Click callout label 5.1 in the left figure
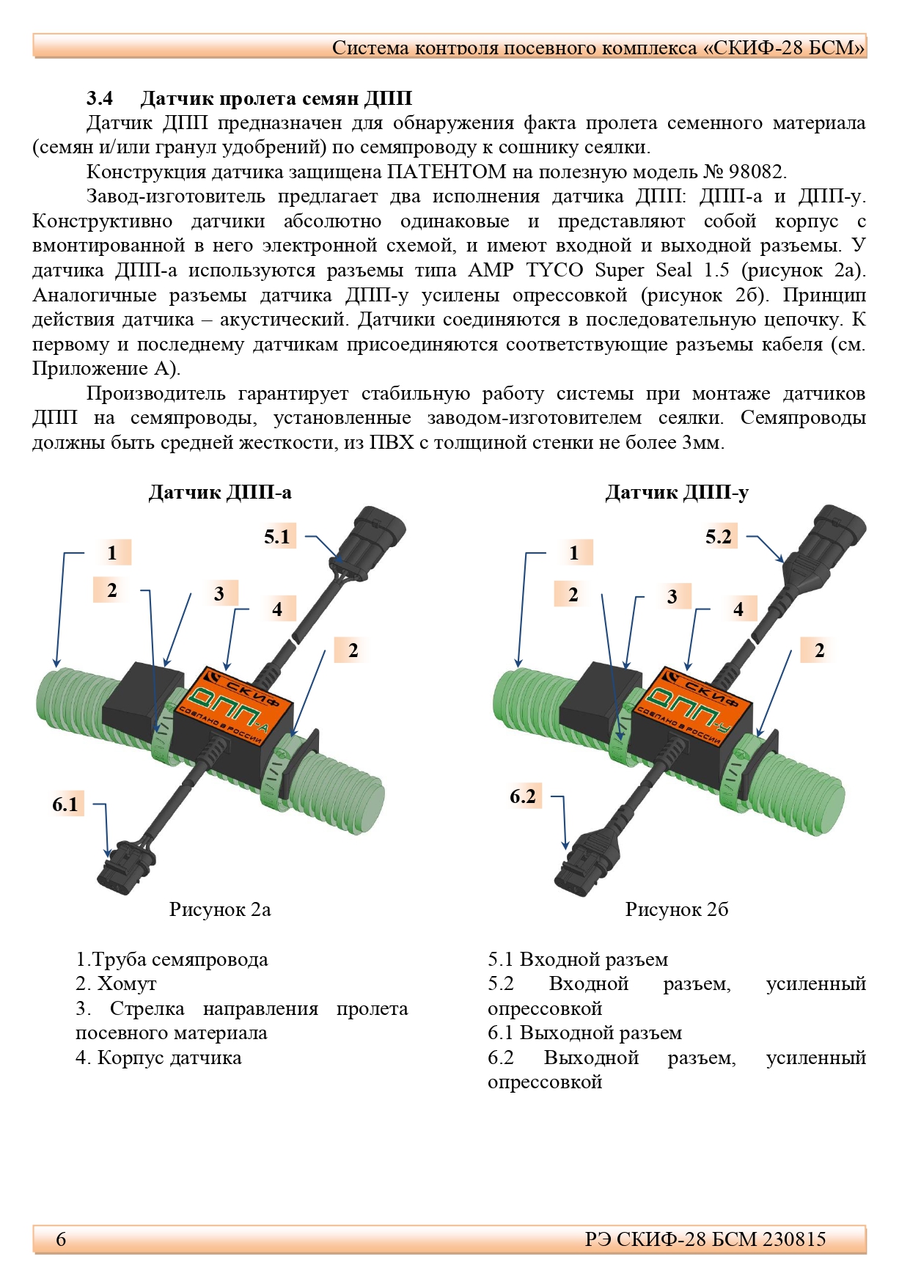pos(277,537)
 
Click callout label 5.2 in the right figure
pos(719,537)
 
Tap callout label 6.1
pos(65,804)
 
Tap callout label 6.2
pos(524,796)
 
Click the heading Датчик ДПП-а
pos(220,492)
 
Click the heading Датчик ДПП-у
pos(676,492)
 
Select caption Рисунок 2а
pos(220,909)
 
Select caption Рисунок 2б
pos(676,909)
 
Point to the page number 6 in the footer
pos(61,1239)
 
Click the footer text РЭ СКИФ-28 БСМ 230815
pos(705,1239)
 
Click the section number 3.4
pos(100,98)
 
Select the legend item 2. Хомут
pos(116,984)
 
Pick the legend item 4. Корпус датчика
pos(158,1057)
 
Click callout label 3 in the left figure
pos(219,594)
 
